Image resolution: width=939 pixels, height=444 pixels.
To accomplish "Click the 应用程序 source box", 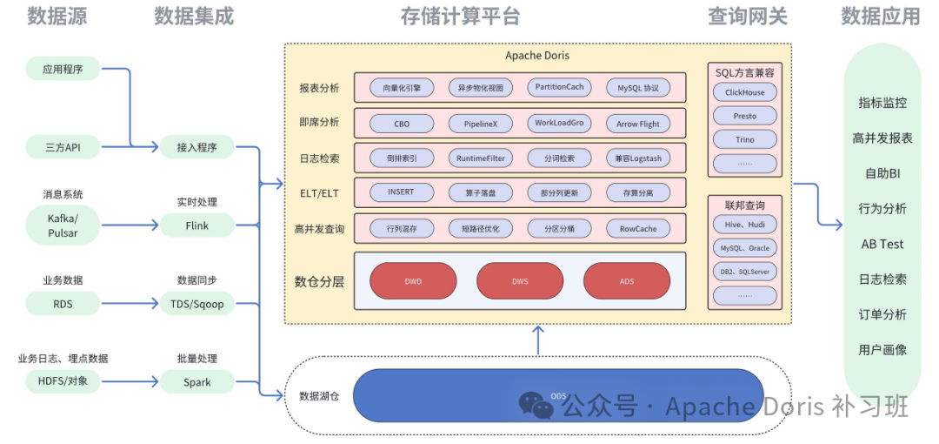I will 63,69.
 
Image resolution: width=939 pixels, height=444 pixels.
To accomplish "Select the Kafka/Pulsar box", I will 63,225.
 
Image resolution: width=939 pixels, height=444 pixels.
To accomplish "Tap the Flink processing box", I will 197,225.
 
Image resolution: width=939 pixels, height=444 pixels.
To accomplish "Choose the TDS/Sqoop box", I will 197,304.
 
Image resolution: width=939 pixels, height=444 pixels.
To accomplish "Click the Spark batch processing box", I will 197,381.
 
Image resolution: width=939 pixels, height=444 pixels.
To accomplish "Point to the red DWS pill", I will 520,281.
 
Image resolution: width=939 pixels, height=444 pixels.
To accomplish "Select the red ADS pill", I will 627,281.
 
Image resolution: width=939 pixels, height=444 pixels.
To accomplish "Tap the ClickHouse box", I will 745,92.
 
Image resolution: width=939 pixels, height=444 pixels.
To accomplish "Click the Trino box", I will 745,139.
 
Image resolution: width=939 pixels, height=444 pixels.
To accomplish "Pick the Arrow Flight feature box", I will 638,124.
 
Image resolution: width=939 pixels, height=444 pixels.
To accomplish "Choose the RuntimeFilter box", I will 480,158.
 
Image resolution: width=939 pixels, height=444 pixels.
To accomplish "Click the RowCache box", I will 638,229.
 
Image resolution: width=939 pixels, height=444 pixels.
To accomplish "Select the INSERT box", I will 401,192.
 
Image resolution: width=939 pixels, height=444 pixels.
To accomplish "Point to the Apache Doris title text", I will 537,55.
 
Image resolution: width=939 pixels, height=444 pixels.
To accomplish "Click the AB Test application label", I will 882,244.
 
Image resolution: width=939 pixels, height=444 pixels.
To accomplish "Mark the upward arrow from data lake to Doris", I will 538,340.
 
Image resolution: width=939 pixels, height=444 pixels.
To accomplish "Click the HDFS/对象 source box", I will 63,381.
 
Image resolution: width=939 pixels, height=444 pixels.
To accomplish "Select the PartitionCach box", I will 559,88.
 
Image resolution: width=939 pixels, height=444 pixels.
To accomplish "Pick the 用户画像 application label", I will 882,349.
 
